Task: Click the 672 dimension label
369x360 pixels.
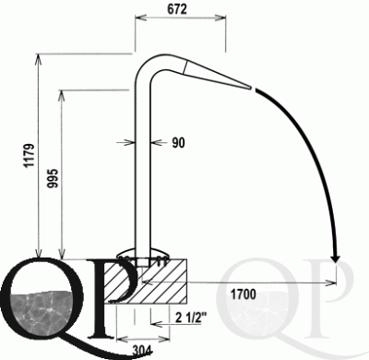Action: [x=177, y=9]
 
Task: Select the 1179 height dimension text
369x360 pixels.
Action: [x=30, y=155]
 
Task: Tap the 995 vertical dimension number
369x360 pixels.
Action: [x=53, y=178]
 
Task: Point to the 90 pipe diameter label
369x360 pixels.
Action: [x=178, y=143]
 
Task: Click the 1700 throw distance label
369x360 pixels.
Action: [x=244, y=294]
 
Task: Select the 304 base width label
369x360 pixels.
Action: [x=142, y=350]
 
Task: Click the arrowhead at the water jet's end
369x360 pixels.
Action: [x=336, y=258]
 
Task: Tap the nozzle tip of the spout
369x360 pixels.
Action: [x=250, y=88]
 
